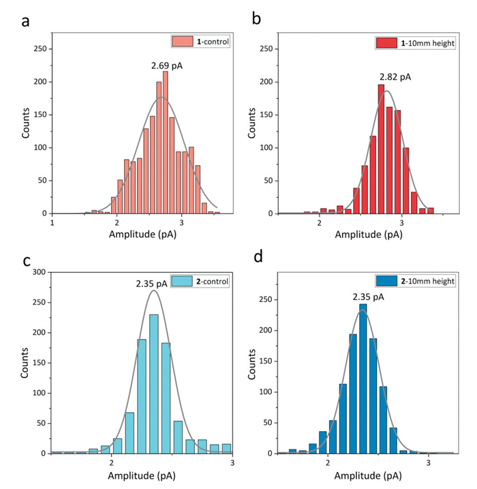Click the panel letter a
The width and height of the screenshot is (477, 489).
tap(25, 20)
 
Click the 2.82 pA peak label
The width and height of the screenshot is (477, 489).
tap(395, 76)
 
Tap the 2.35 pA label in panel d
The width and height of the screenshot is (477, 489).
tap(368, 297)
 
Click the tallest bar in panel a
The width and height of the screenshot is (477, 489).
tap(166, 143)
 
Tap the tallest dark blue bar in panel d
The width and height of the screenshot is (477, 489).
tap(363, 379)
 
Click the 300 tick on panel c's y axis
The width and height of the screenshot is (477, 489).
tap(40, 272)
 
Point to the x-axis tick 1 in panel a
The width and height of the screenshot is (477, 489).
tap(52, 222)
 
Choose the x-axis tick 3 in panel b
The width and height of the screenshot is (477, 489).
tap(402, 222)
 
